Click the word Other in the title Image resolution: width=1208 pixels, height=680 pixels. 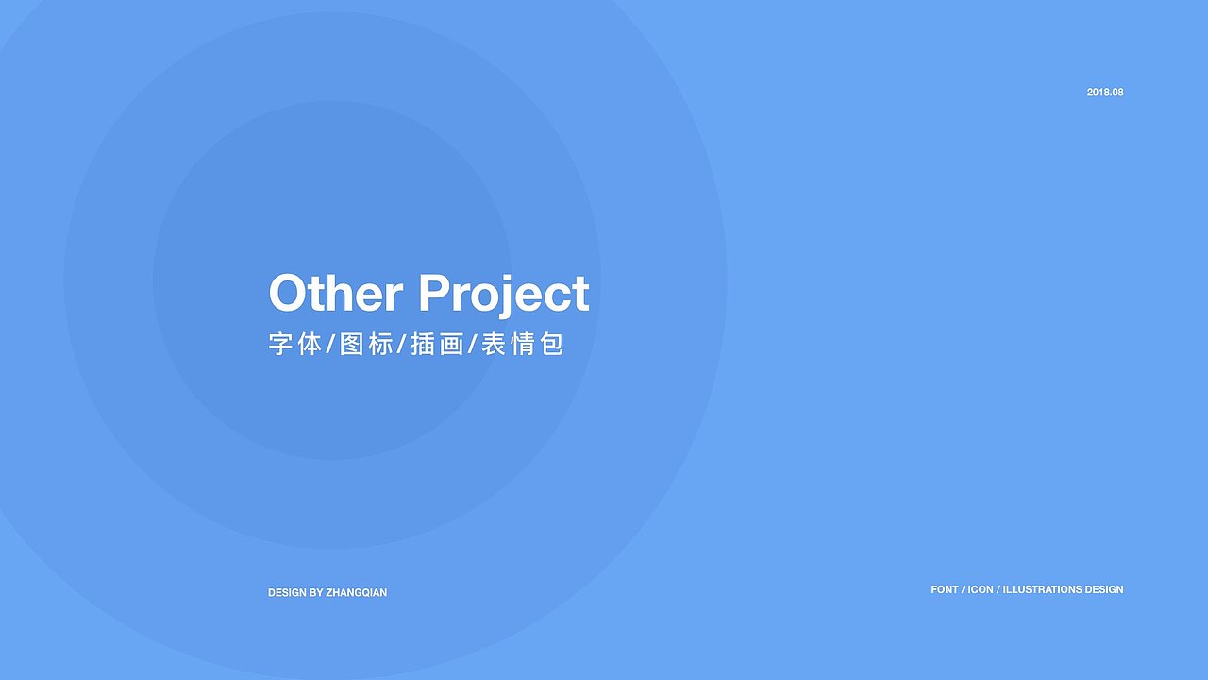335,293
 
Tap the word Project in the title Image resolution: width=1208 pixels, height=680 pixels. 504,296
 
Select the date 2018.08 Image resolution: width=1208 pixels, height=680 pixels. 1105,93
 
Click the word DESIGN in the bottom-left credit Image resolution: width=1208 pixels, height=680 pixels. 287,592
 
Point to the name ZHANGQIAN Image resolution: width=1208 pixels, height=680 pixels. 357,592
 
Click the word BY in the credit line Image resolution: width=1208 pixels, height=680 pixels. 316,592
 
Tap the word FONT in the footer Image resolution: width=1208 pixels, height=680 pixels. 945,589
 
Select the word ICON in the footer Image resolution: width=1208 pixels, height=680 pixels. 981,589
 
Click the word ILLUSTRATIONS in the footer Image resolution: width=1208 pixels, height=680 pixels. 1043,589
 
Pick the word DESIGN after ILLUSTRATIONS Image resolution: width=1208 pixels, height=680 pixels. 1104,589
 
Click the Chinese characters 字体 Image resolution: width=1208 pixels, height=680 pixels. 295,344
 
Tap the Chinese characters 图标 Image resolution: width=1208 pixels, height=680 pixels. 367,344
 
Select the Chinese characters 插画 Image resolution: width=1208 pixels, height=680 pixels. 437,344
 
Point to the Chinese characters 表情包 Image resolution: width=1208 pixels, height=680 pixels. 522,344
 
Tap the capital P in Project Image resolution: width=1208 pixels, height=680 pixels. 435,293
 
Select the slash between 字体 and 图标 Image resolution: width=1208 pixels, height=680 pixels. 331,344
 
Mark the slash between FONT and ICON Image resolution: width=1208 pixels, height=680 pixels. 964,589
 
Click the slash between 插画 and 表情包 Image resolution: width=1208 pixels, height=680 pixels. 473,344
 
